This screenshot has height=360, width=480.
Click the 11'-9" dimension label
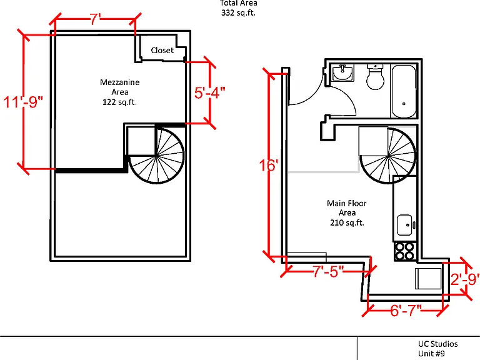pos(23,102)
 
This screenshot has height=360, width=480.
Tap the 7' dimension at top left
pos(95,19)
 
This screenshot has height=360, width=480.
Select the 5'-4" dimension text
pos(210,92)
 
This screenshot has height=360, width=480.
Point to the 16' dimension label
pos(269,165)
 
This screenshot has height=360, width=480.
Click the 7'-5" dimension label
pos(328,271)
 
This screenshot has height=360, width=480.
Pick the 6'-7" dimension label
pos(406,311)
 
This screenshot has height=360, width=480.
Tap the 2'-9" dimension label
pos(465,279)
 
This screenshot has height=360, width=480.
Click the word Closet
pos(162,50)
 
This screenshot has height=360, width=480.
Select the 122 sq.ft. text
pos(120,102)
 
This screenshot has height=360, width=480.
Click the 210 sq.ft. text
pos(347,222)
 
